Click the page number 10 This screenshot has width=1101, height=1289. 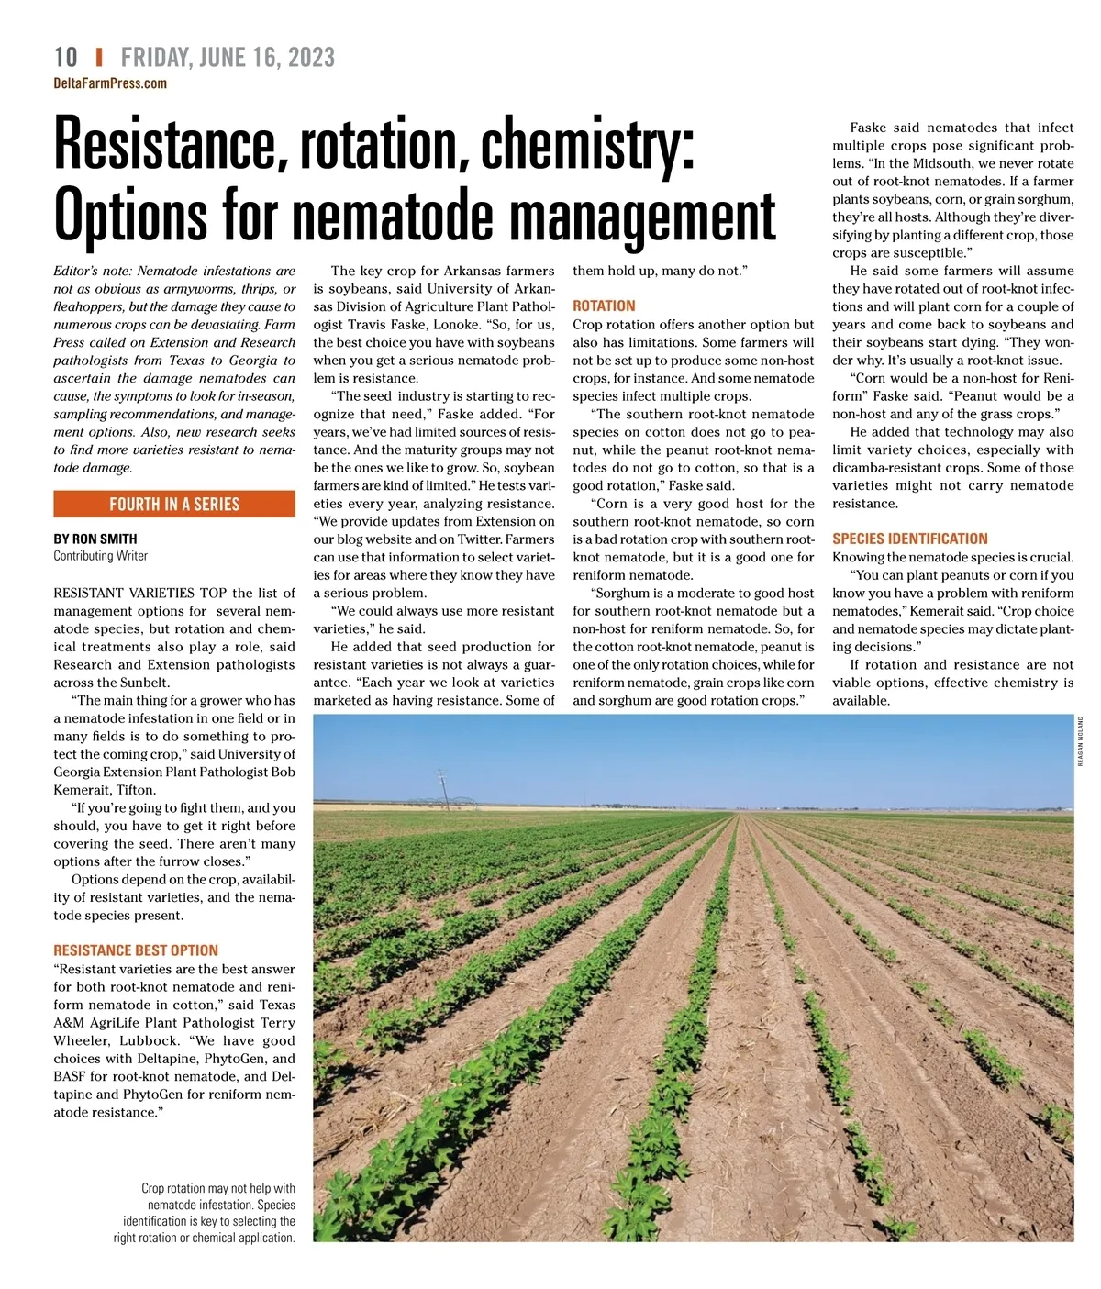click(66, 57)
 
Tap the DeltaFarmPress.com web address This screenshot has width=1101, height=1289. click(110, 83)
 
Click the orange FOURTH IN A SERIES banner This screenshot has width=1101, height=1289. click(174, 504)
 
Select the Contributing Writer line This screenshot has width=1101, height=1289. click(100, 556)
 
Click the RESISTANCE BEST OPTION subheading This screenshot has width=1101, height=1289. click(136, 950)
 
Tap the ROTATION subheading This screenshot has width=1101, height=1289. click(604, 306)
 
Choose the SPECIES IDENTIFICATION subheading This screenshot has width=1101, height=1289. click(909, 539)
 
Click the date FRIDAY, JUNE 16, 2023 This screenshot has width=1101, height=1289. click(228, 57)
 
